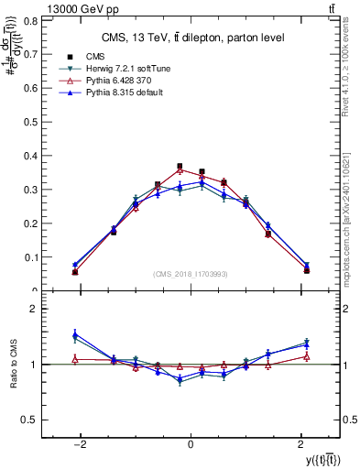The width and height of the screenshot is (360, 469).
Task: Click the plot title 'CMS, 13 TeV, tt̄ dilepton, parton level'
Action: (191, 38)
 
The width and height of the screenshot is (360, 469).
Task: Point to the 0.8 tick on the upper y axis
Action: (35, 19)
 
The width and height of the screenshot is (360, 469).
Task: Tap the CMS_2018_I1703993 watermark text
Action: (191, 274)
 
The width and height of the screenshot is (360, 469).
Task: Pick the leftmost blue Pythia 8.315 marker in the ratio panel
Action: (75, 336)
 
